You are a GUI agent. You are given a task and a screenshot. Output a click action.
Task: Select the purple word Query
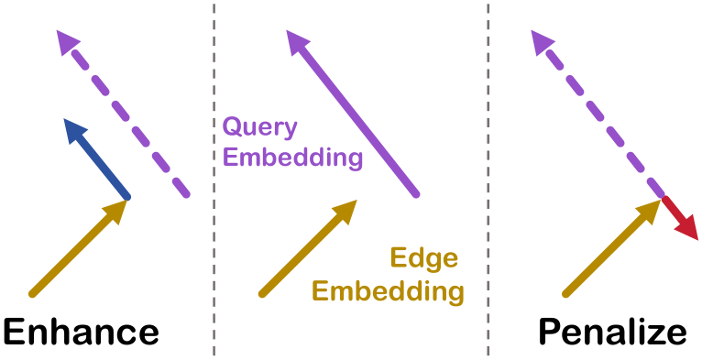tap(260, 128)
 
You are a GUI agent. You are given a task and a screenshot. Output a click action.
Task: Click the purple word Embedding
tap(292, 158)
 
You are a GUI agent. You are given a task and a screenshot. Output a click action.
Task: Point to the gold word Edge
tap(424, 259)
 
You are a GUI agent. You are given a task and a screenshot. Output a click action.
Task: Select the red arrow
tap(679, 219)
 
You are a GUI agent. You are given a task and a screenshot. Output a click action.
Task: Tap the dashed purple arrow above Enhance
tap(124, 114)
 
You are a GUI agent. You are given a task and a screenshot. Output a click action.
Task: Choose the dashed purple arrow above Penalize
tap(598, 114)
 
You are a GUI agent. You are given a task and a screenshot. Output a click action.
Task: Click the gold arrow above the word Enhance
tap(79, 247)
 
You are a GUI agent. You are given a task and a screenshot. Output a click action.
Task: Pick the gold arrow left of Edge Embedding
tap(308, 247)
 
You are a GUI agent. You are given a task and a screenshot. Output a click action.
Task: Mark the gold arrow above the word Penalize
tap(611, 247)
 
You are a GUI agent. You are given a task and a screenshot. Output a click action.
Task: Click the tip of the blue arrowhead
tap(64, 119)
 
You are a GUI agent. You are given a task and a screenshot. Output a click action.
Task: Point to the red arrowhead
tap(687, 229)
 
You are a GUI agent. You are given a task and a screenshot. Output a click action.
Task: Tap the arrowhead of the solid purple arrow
tap(296, 41)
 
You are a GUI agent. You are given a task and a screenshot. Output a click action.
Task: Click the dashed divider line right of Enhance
tap(214, 180)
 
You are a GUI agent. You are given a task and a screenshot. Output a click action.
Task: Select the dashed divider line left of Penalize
tap(488, 180)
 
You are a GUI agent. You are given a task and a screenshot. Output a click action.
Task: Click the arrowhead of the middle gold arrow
tap(346, 211)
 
